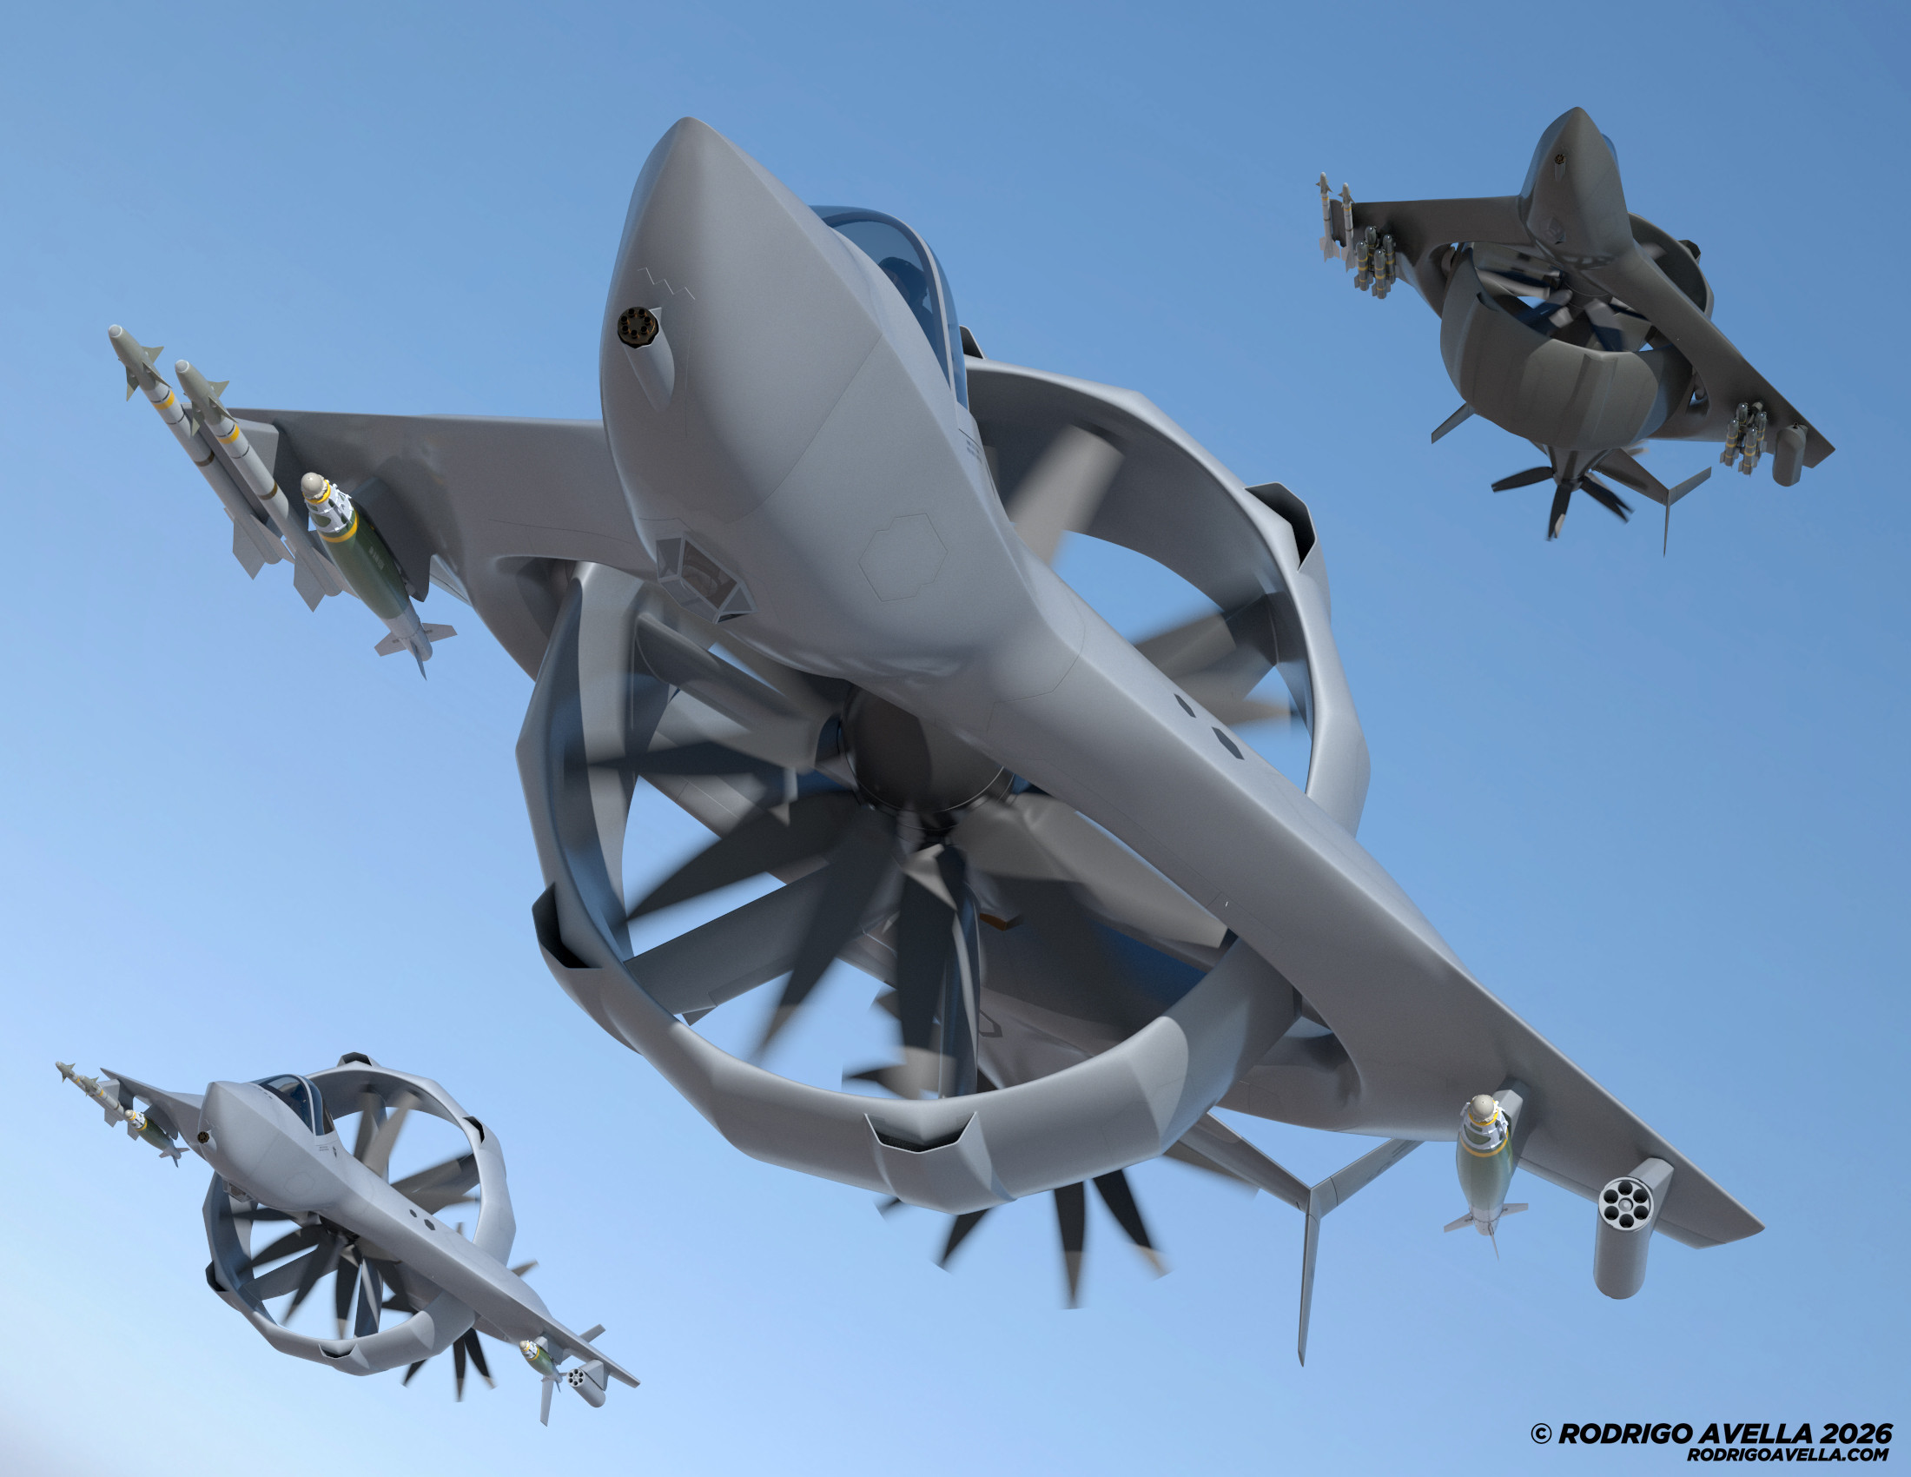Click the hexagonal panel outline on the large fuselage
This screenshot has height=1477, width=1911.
[903, 559]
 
